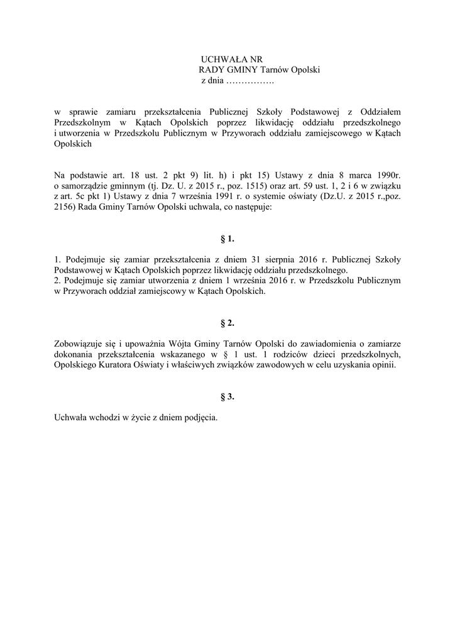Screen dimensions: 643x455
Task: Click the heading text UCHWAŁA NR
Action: (x=227, y=58)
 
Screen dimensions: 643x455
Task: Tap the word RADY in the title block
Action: (x=211, y=70)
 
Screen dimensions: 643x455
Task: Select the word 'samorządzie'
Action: (x=85, y=187)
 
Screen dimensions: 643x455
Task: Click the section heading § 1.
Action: (x=227, y=239)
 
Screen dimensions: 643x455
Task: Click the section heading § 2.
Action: (x=227, y=323)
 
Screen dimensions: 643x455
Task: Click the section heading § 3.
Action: (x=227, y=397)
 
